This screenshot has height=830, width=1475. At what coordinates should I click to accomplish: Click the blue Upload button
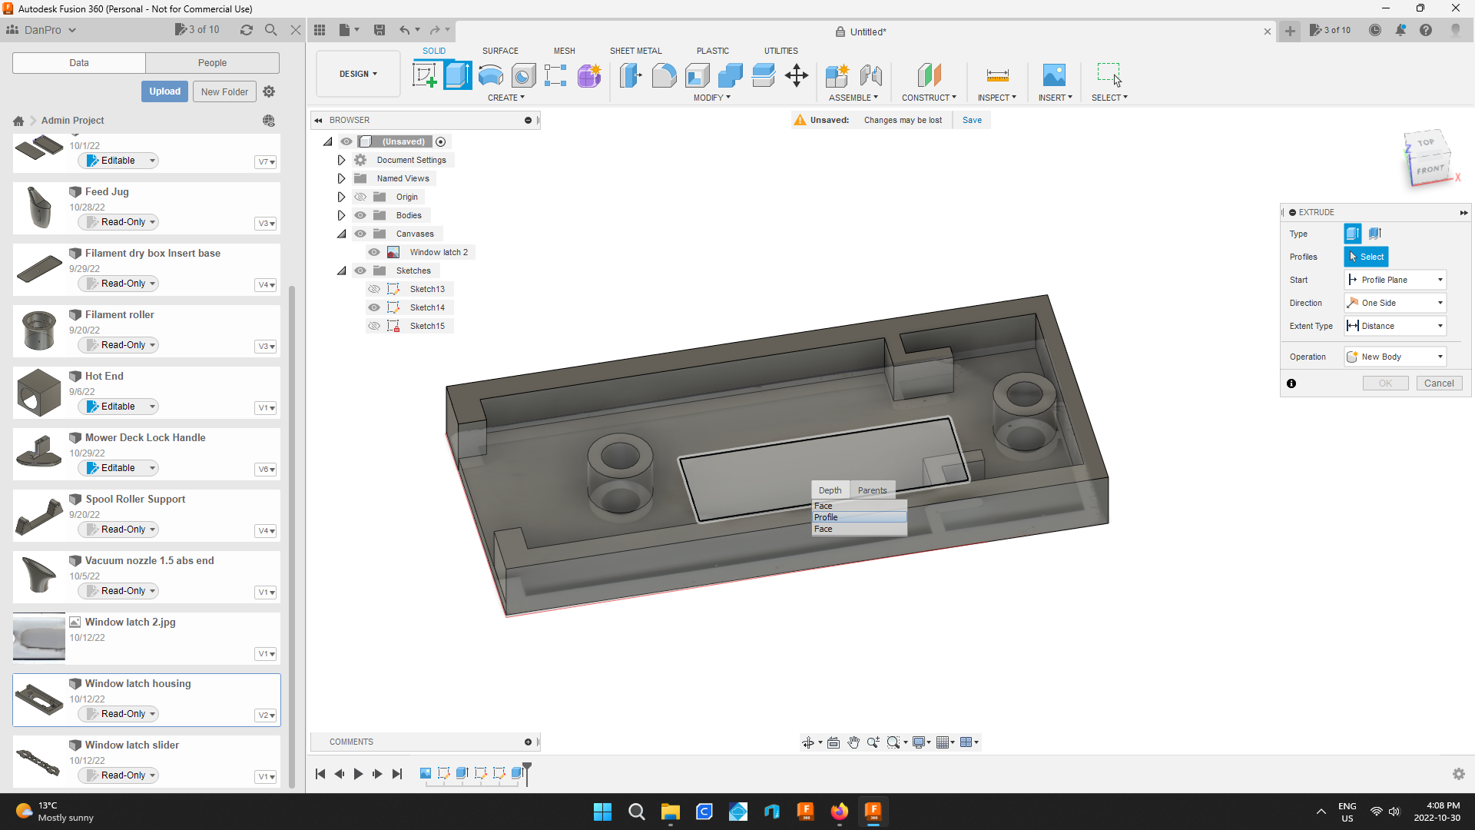pyautogui.click(x=164, y=91)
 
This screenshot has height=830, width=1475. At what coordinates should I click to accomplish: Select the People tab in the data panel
pyautogui.click(x=212, y=63)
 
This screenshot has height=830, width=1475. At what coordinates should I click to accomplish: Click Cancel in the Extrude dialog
pyautogui.click(x=1438, y=383)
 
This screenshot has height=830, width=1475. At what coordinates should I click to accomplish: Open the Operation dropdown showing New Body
pyautogui.click(x=1395, y=357)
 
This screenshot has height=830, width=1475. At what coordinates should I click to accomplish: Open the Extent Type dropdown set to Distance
pyautogui.click(x=1395, y=326)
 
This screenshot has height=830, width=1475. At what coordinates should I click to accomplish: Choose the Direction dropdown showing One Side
pyautogui.click(x=1395, y=303)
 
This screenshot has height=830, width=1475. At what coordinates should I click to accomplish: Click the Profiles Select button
pyautogui.click(x=1366, y=257)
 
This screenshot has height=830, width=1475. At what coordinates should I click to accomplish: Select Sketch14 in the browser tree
pyautogui.click(x=427, y=307)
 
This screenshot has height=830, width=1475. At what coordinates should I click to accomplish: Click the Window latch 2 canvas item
pyautogui.click(x=438, y=252)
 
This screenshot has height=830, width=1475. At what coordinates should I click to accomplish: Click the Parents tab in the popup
pyautogui.click(x=872, y=490)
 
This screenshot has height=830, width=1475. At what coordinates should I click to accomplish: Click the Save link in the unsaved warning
pyautogui.click(x=972, y=120)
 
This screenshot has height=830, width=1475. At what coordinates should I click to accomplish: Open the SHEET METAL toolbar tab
pyautogui.click(x=635, y=51)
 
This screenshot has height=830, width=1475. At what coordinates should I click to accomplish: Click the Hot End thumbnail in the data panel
pyautogui.click(x=39, y=392)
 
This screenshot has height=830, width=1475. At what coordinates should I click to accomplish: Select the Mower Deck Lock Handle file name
pyautogui.click(x=145, y=437)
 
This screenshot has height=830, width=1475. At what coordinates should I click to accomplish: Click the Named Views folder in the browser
pyautogui.click(x=403, y=178)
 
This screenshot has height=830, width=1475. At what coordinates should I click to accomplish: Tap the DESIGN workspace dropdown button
pyautogui.click(x=358, y=74)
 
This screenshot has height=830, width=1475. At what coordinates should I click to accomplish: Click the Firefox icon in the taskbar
pyautogui.click(x=839, y=812)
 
